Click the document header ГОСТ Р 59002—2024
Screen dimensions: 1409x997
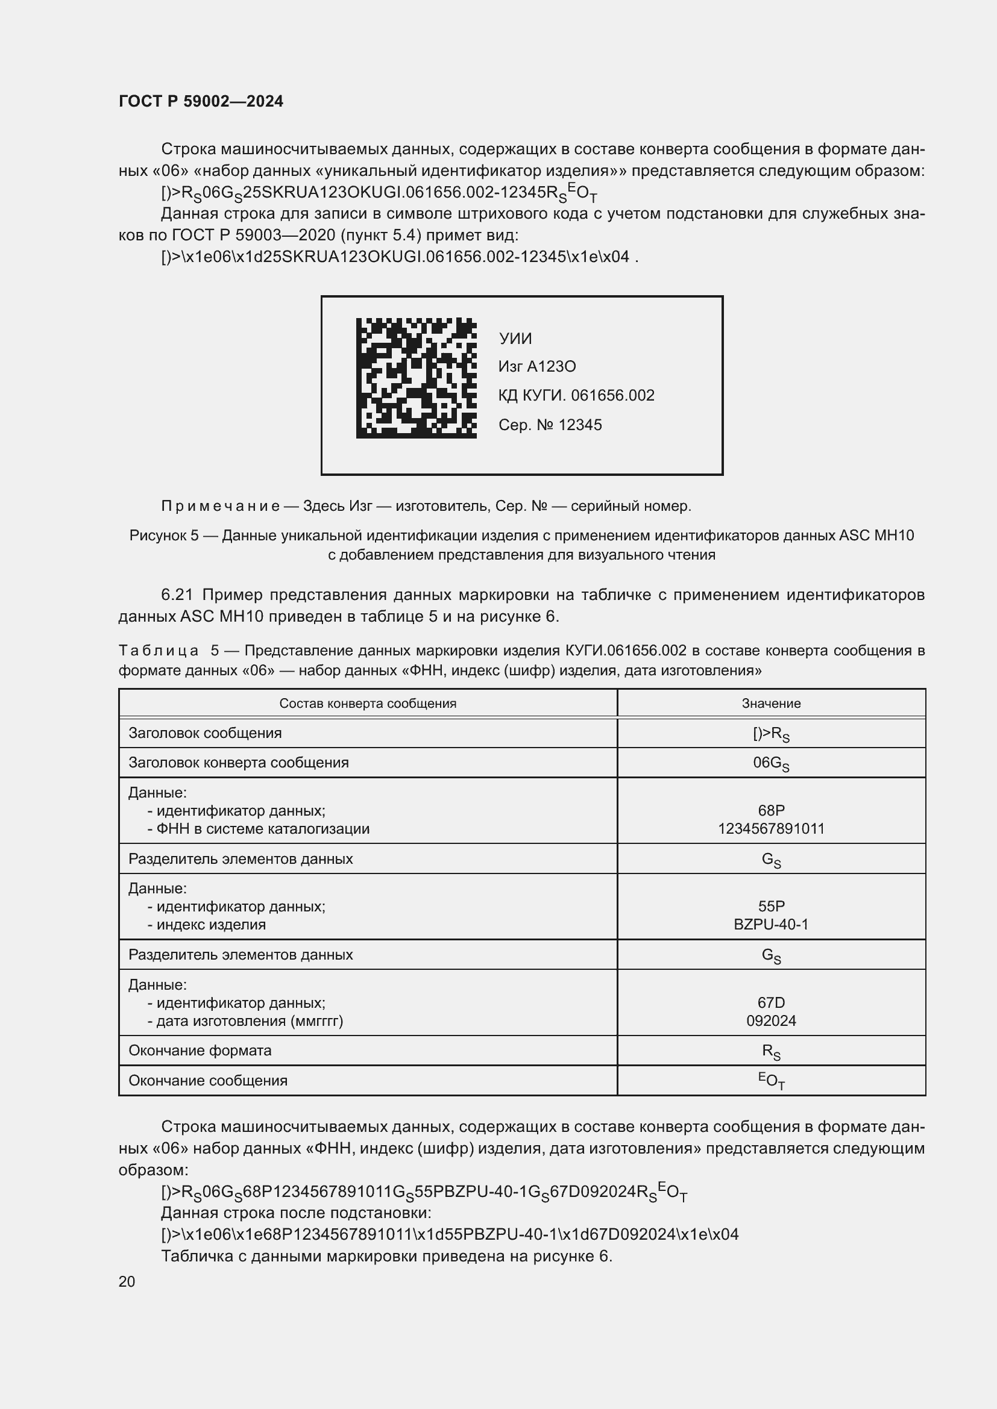201,101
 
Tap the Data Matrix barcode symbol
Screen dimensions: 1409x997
417,378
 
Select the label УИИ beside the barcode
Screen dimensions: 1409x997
515,339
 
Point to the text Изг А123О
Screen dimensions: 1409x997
537,366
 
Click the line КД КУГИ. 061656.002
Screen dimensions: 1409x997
576,395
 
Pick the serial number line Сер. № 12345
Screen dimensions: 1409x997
550,425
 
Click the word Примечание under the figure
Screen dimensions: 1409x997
221,505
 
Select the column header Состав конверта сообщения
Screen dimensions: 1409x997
368,703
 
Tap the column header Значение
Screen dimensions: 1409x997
771,703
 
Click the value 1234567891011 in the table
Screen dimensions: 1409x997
771,828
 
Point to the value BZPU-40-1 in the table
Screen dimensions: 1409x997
771,924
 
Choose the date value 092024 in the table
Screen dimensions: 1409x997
771,1020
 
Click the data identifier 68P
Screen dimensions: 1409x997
771,810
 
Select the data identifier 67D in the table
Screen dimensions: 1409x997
771,1002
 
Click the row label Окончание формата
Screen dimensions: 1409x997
200,1050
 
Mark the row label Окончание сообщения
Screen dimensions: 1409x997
207,1080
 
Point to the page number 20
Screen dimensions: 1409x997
127,1281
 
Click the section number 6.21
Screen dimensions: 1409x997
177,595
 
